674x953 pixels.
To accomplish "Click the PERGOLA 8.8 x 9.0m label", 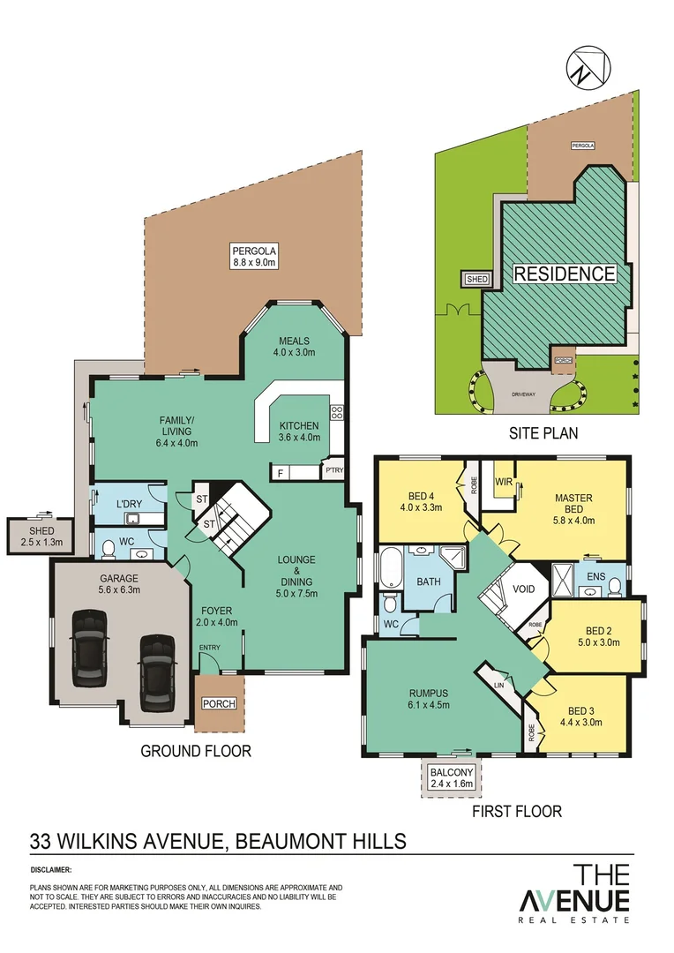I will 254,255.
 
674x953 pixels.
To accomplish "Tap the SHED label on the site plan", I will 477,279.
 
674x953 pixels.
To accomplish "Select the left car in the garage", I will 90,648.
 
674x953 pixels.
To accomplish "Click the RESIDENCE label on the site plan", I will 565,274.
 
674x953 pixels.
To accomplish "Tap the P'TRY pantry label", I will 333,470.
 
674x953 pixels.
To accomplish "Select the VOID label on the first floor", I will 524,588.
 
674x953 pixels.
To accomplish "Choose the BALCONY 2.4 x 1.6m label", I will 451,778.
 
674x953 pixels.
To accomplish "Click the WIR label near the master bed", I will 505,482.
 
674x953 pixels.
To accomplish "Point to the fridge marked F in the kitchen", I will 280,474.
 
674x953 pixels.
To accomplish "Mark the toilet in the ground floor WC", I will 109,550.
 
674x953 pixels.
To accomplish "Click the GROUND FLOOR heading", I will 196,751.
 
